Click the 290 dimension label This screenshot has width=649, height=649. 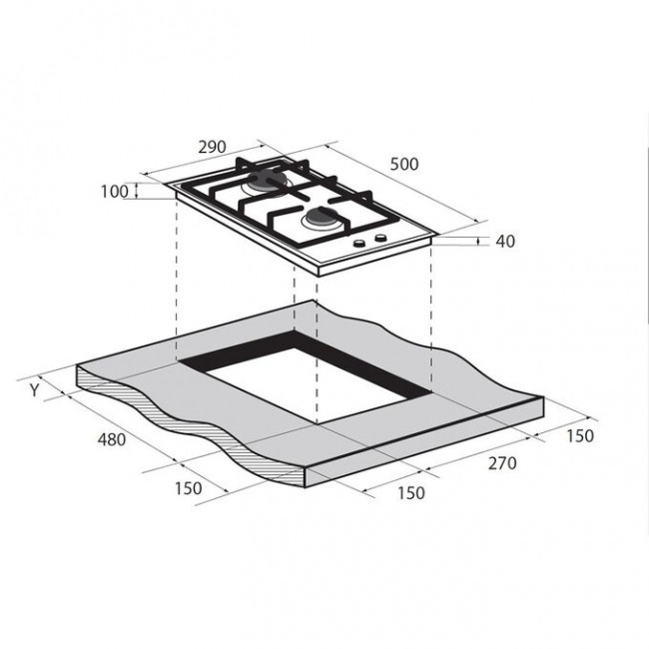pyautogui.click(x=213, y=147)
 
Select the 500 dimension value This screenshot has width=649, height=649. pyautogui.click(x=404, y=165)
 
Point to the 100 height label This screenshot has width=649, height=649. pyautogui.click(x=115, y=192)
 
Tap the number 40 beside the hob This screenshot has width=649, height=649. pyautogui.click(x=505, y=242)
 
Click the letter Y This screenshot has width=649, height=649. pyautogui.click(x=35, y=389)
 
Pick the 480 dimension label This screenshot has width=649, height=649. pyautogui.click(x=112, y=439)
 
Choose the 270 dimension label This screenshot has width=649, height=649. pyautogui.click(x=502, y=463)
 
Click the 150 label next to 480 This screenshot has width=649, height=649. pyautogui.click(x=189, y=488)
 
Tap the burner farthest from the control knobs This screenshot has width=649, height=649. pyautogui.click(x=267, y=182)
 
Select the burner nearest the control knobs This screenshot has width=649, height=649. pyautogui.click(x=322, y=218)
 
